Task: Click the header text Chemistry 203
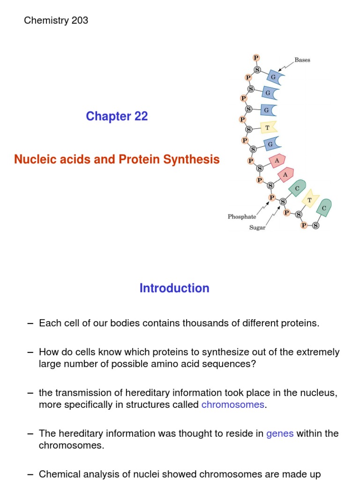point(56,20)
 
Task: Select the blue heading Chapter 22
point(117,116)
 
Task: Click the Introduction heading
point(174,288)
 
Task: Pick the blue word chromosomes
point(233,405)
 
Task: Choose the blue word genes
point(280,434)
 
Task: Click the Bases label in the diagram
point(302,60)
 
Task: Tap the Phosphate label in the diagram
point(242,217)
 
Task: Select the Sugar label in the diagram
point(257,228)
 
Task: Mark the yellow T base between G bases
point(268,127)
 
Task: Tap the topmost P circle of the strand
point(256,58)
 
